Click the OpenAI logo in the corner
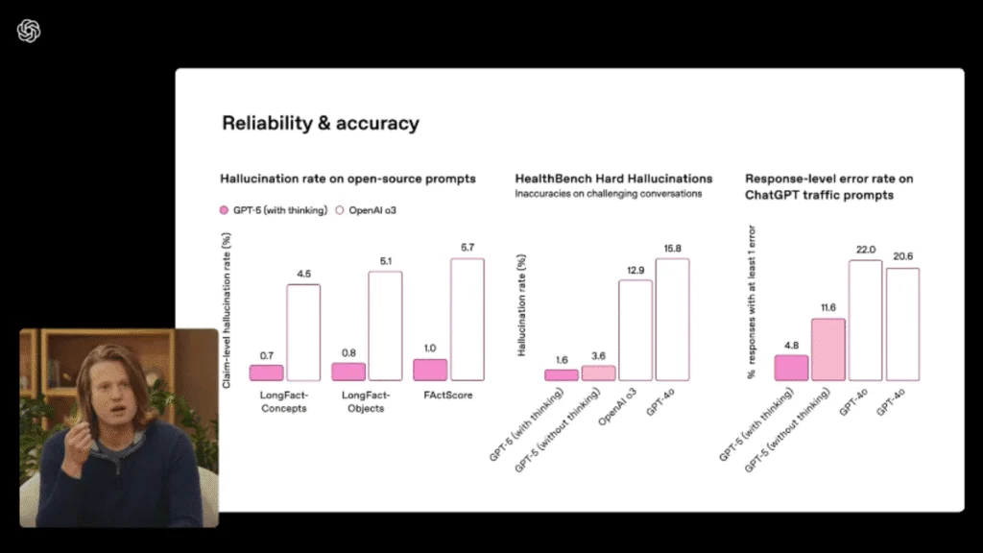click(x=29, y=31)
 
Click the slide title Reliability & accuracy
click(x=321, y=123)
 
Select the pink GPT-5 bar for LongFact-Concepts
click(x=266, y=373)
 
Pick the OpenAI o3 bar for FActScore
click(x=468, y=319)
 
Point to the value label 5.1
click(x=386, y=260)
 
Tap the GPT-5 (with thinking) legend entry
click(x=275, y=208)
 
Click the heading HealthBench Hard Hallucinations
click(x=613, y=179)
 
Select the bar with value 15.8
click(x=672, y=319)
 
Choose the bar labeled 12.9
click(x=635, y=330)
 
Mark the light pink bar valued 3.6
click(x=598, y=373)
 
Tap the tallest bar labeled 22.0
click(x=866, y=320)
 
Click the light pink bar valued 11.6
click(x=828, y=349)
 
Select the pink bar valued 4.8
click(x=791, y=368)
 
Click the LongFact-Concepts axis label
click(x=283, y=401)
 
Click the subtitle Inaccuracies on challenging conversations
click(x=609, y=194)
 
